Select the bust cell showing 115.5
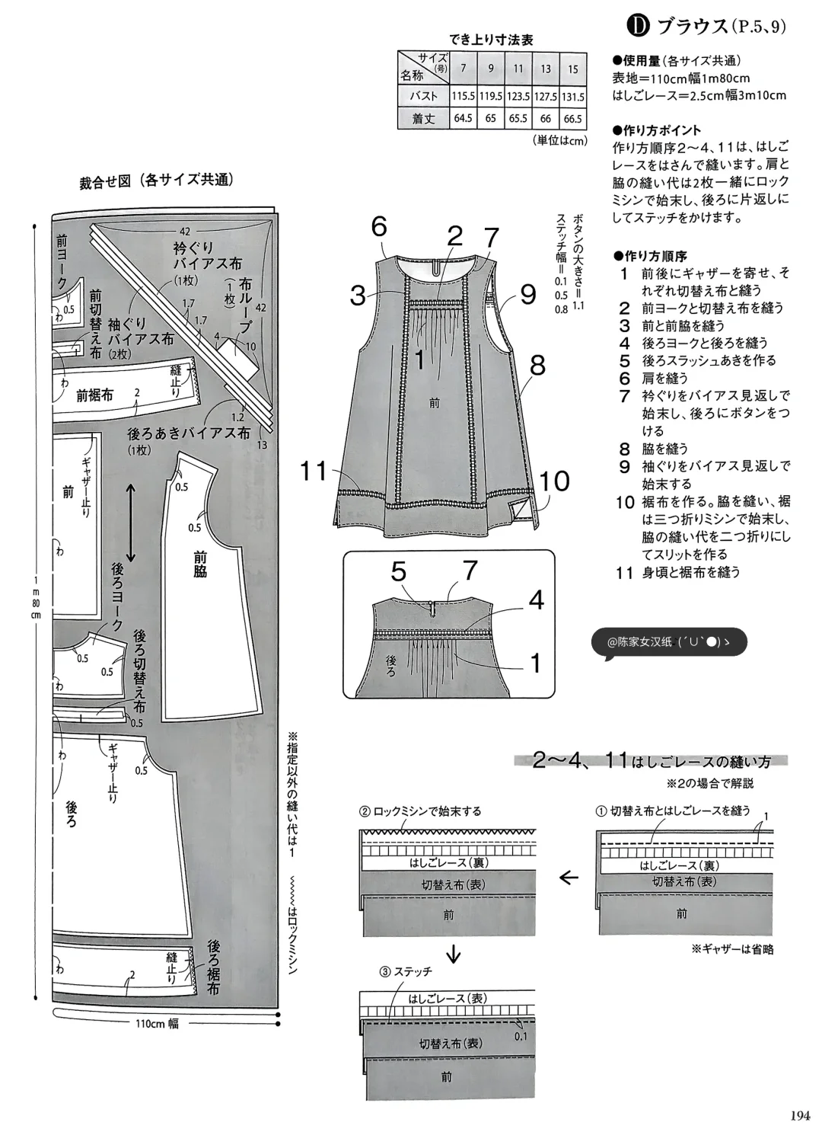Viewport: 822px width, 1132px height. point(463,97)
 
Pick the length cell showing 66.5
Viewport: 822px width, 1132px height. point(572,119)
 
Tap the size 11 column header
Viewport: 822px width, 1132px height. point(518,69)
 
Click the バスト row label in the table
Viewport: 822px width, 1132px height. point(423,97)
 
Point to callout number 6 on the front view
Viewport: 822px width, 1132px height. point(379,227)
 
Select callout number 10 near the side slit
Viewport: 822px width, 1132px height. point(555,481)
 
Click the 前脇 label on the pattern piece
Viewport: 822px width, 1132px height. point(199,564)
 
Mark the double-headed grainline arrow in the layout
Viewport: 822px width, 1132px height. point(130,524)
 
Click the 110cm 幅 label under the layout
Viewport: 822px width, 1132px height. point(157,1024)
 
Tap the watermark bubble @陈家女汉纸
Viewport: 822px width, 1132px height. point(668,642)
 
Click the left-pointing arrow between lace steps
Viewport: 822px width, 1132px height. point(569,878)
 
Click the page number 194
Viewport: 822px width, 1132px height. point(798,1115)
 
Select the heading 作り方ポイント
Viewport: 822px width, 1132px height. point(656,130)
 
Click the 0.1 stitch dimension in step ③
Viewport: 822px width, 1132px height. point(520,1036)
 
